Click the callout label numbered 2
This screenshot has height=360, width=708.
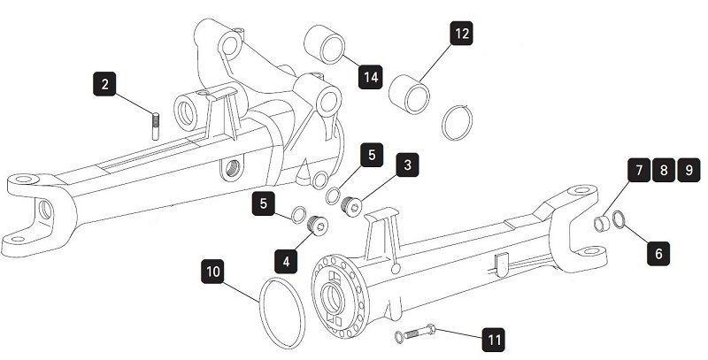(x=105, y=85)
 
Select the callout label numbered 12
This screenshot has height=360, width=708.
(x=460, y=34)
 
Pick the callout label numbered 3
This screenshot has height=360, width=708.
(x=406, y=165)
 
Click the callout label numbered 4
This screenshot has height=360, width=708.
(x=285, y=261)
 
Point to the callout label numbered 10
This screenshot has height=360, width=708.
(x=212, y=270)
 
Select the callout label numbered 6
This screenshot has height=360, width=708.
(x=657, y=253)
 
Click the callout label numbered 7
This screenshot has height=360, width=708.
(x=637, y=170)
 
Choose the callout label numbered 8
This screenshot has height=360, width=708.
(x=664, y=170)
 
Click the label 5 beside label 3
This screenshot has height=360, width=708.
(x=372, y=155)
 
